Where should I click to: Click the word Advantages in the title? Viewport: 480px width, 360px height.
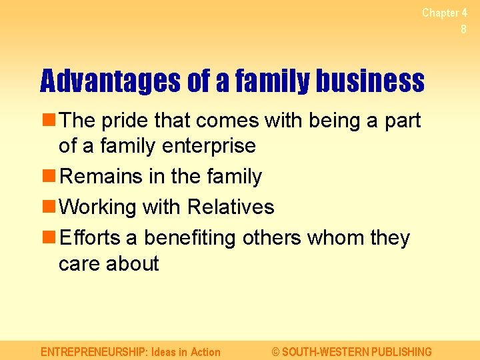[110, 81]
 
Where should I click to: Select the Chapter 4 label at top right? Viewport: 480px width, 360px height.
[444, 13]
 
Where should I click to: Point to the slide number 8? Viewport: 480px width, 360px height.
[463, 29]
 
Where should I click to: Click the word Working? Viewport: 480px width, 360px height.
[98, 207]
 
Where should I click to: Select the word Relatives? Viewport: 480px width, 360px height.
[231, 207]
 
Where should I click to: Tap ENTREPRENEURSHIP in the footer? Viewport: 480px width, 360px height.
[94, 352]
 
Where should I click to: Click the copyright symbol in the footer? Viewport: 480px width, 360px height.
[276, 352]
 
